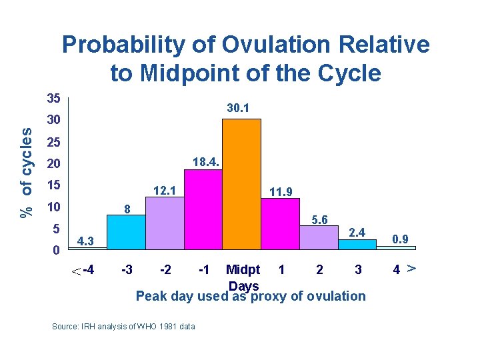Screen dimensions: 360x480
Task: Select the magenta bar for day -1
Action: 203,210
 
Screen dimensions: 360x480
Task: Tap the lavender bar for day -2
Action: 164,223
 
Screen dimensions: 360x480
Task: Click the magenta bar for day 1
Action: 280,224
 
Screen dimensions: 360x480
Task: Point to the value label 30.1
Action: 238,107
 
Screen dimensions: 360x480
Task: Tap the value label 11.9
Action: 281,193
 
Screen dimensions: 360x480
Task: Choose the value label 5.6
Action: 319,219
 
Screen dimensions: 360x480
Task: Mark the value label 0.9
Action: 401,238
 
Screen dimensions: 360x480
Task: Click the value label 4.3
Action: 87,241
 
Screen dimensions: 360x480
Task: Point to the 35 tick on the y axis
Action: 54,99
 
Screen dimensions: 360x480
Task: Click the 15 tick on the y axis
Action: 54,185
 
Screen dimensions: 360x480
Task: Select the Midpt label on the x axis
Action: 243,270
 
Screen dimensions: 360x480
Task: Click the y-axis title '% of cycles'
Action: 26,171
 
